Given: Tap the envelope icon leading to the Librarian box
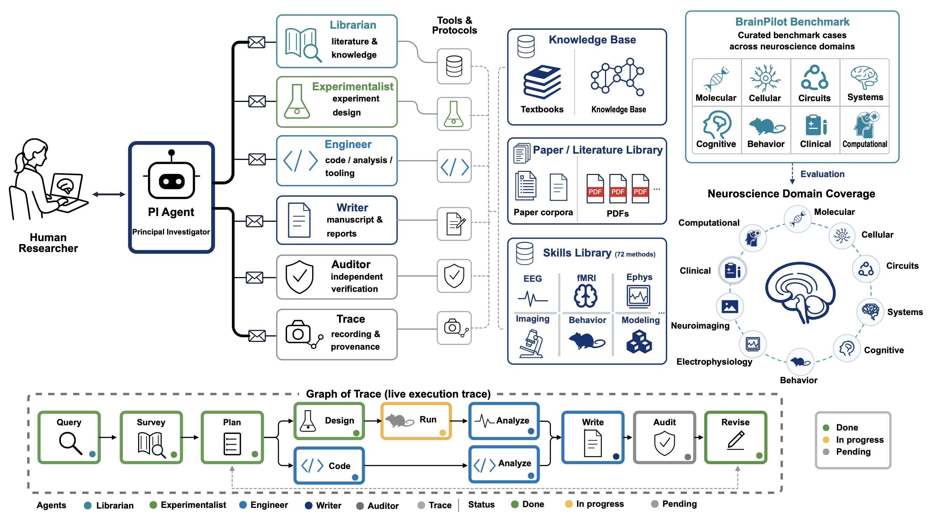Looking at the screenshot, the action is (x=256, y=42).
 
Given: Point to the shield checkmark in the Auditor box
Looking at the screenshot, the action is (x=299, y=276).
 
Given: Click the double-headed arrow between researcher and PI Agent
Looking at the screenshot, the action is (x=109, y=195).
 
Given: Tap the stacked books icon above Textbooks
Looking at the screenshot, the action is (x=542, y=82).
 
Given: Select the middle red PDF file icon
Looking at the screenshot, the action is (x=618, y=189).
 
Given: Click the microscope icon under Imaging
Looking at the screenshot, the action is (x=531, y=343).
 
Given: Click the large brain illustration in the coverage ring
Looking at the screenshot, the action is (x=800, y=292).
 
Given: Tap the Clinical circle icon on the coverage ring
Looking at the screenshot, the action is (x=732, y=271).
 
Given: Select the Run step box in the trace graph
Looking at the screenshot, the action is (x=416, y=421).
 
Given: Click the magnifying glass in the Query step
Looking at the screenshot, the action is (x=70, y=443).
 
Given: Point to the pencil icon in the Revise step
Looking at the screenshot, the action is (x=736, y=440).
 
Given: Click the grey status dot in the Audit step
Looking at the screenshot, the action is (x=688, y=456).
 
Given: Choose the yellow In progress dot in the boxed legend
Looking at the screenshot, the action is (x=826, y=440).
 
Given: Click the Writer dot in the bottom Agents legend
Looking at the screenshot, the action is (x=308, y=505).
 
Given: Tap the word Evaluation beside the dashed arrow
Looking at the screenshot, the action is (x=822, y=174).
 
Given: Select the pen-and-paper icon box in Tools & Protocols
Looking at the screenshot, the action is (x=454, y=224).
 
